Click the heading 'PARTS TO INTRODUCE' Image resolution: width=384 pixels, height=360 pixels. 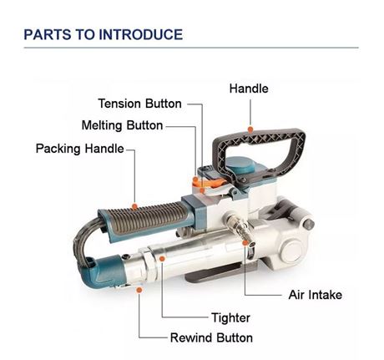pyautogui.click(x=103, y=35)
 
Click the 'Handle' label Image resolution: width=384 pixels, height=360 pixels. pyautogui.click(x=248, y=88)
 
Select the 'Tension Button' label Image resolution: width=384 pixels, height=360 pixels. pyautogui.click(x=139, y=104)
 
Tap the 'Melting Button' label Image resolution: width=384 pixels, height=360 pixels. pyautogui.click(x=122, y=125)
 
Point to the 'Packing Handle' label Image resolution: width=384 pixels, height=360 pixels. pyautogui.click(x=79, y=149)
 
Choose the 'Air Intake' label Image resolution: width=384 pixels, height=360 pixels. pyautogui.click(x=315, y=295)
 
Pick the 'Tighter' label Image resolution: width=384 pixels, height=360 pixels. pyautogui.click(x=231, y=317)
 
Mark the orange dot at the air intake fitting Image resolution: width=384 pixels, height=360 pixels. pyautogui.click(x=246, y=243)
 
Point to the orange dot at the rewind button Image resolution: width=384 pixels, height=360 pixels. pyautogui.click(x=140, y=289)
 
